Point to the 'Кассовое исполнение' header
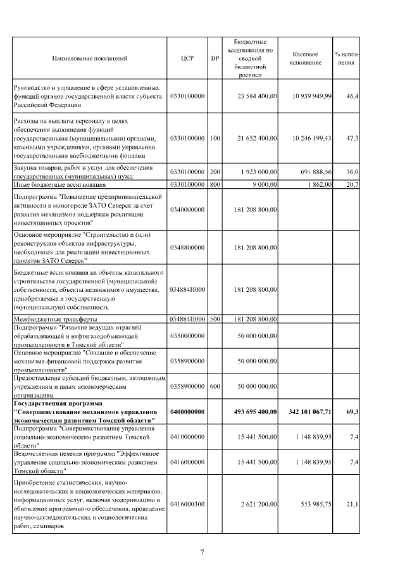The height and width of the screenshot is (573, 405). click(308, 58)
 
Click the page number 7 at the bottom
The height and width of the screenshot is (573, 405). click(202, 553)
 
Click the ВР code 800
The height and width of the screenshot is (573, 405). click(215, 184)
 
